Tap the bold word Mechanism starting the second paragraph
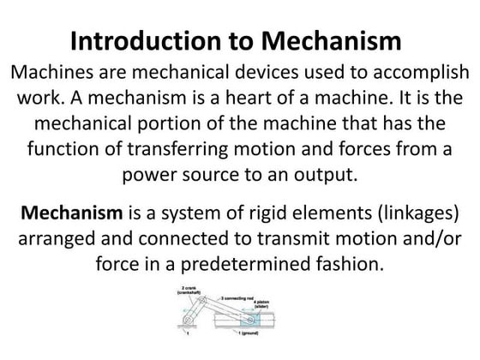point(69,211)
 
